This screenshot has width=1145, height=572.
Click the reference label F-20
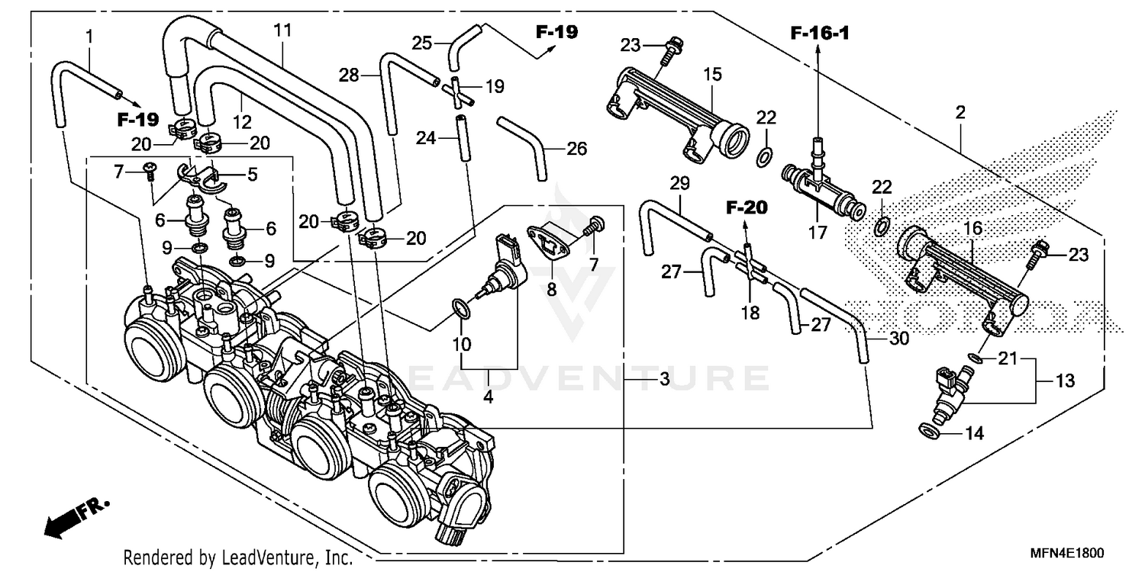746,207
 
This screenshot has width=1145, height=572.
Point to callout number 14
975,434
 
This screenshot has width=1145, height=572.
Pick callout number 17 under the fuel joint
818,232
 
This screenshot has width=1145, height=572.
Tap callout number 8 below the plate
551,289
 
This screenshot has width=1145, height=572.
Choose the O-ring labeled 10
459,307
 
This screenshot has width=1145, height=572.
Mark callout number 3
664,379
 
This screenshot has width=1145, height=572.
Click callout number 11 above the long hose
282,31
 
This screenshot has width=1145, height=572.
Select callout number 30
898,339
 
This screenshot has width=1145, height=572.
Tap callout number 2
960,113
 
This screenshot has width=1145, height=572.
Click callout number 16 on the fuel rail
973,228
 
